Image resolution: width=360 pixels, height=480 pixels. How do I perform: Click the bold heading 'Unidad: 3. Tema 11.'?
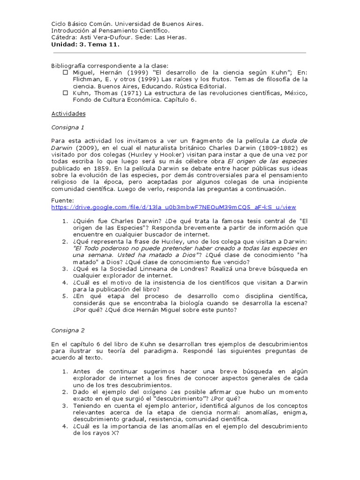pyautogui.click(x=85, y=45)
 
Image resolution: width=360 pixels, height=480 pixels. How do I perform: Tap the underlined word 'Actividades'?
pyautogui.click(x=68, y=113)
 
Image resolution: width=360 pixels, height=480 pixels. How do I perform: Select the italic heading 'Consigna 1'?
pyautogui.click(x=67, y=127)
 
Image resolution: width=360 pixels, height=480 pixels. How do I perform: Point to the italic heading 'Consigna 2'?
pyautogui.click(x=67, y=330)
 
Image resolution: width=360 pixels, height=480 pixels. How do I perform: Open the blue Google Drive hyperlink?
pyautogui.click(x=173, y=207)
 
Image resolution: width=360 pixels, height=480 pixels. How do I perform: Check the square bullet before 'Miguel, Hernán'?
pyautogui.click(x=65, y=73)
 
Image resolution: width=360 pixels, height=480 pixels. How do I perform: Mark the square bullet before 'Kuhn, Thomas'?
pyautogui.click(x=65, y=93)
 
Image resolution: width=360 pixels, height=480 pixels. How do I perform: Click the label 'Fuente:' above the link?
pyautogui.click(x=62, y=200)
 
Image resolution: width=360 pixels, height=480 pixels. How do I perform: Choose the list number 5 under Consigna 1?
pyautogui.click(x=65, y=296)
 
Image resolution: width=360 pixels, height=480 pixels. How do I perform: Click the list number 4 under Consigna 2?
pyautogui.click(x=65, y=426)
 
